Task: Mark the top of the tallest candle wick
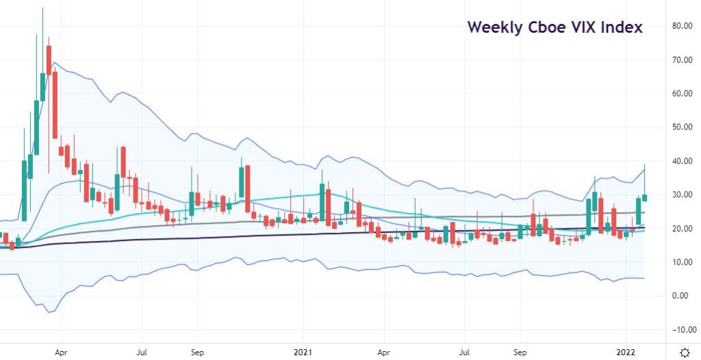tap(42, 8)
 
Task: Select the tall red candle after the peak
tap(55, 106)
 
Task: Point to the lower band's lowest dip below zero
tap(49, 312)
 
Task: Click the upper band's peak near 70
tap(54, 63)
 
